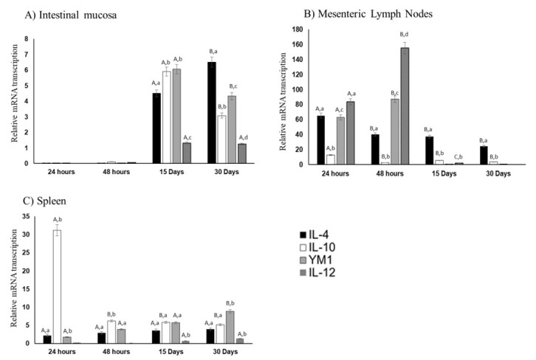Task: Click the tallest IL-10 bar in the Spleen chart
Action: (57, 286)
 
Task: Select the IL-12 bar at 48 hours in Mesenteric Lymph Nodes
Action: (405, 106)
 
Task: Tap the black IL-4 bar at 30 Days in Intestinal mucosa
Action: (212, 113)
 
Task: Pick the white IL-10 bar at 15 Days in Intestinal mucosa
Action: (166, 117)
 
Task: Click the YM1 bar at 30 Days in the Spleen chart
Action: (230, 328)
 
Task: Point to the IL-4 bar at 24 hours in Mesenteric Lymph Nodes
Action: (321, 140)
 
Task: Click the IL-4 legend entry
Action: (315, 235)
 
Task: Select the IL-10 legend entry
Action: (317, 247)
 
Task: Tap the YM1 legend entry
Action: (316, 260)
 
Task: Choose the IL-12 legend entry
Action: (317, 272)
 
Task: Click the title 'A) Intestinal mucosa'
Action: (71, 15)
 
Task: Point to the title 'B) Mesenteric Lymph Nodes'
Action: (368, 14)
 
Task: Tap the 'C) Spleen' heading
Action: (44, 201)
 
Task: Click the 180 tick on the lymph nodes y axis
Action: (298, 30)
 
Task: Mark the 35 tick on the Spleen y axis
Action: (26, 216)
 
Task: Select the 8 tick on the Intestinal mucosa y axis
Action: (27, 39)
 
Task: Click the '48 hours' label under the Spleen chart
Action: (116, 351)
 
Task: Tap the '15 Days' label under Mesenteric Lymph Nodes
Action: (444, 173)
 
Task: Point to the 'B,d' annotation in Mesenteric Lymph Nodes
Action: (404, 35)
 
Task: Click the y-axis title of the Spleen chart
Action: (14, 278)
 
